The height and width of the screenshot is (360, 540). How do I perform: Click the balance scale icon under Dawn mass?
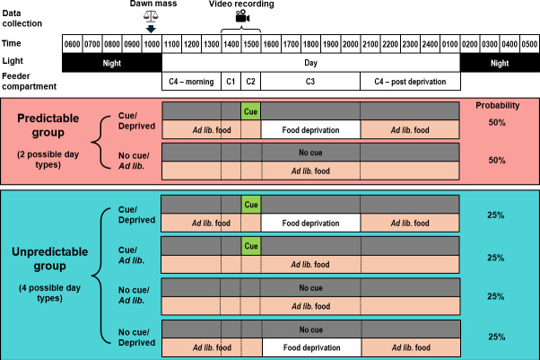click(151, 16)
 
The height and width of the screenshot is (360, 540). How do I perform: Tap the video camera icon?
click(242, 16)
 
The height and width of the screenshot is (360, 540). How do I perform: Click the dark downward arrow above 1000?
click(151, 29)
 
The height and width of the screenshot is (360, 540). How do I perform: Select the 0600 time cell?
click(73, 44)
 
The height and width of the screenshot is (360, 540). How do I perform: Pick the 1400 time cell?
click(231, 44)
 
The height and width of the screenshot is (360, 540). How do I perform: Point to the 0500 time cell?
click(529, 44)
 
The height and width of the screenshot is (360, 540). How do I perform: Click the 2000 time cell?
click(351, 44)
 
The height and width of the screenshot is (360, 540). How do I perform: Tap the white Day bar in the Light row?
click(311, 63)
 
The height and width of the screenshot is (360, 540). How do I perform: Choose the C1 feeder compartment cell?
click(231, 82)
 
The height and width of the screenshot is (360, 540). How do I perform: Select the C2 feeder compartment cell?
click(251, 82)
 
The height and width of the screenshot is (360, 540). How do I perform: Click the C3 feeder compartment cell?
click(310, 82)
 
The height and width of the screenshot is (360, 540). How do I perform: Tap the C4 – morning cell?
click(191, 82)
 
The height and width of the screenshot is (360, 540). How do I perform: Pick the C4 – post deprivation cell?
click(410, 82)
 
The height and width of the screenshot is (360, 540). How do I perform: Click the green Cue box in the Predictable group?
click(251, 111)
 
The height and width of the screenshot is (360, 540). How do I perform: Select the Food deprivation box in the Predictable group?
click(310, 129)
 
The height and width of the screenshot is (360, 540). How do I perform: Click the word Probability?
click(497, 106)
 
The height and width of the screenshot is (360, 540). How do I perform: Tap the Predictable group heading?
click(48, 125)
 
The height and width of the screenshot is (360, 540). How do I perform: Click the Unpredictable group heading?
click(50, 259)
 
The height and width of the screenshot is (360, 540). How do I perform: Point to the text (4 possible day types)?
click(49, 293)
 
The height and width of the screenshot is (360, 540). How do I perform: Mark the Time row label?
click(12, 43)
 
